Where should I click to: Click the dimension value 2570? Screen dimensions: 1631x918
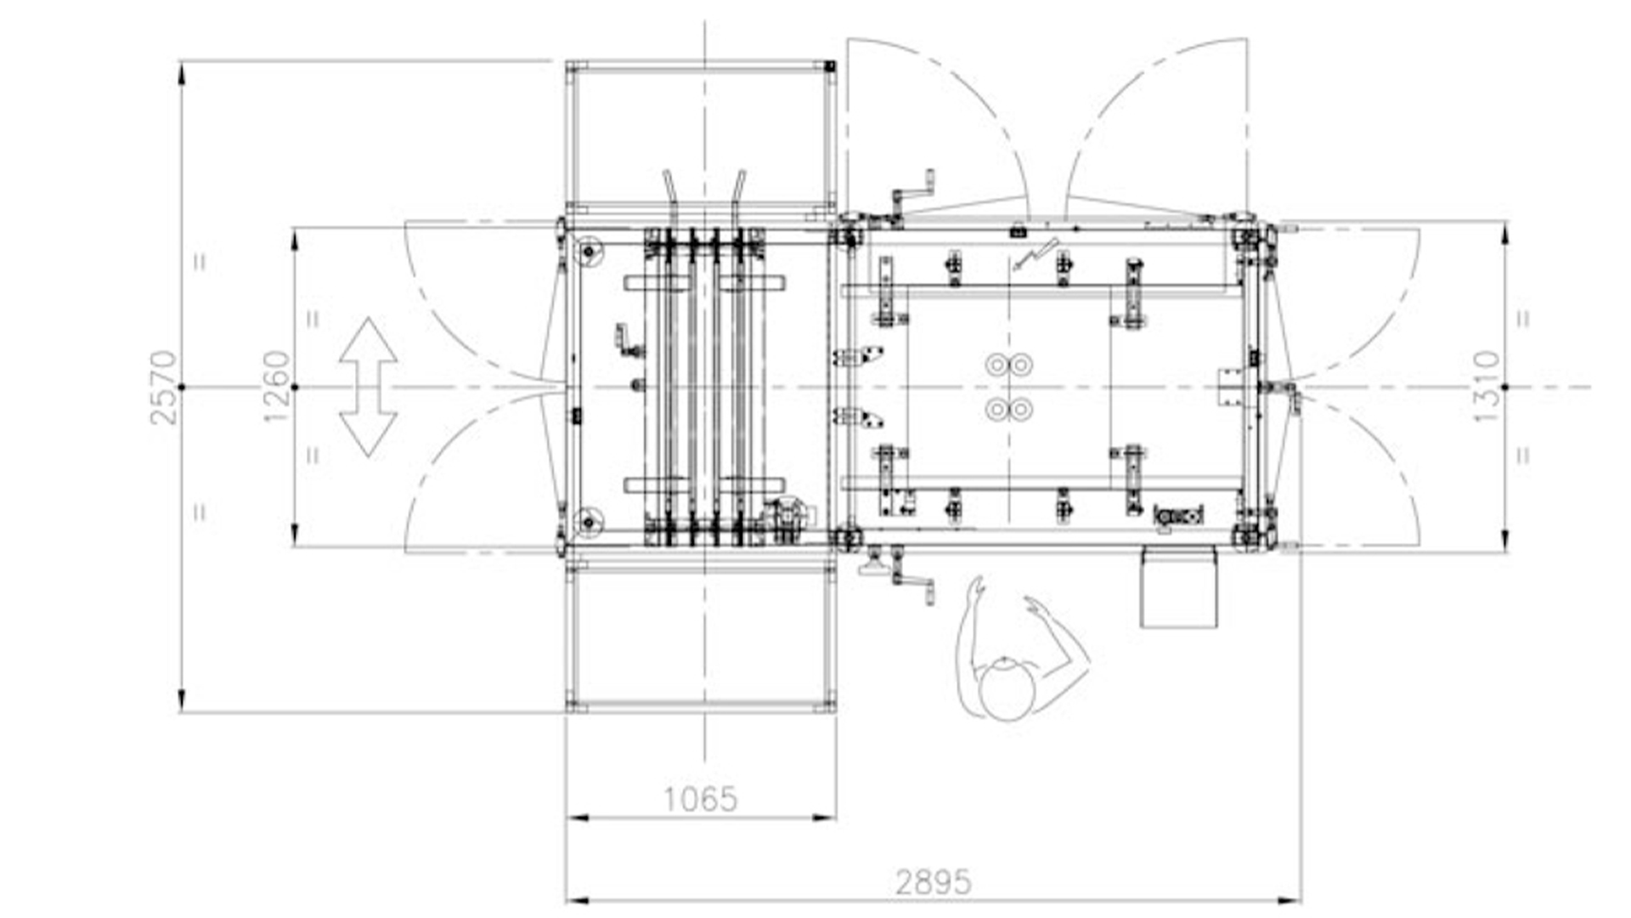click(x=163, y=388)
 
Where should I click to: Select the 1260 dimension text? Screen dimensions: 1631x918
click(x=277, y=387)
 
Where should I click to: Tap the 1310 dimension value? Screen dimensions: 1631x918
click(x=1487, y=387)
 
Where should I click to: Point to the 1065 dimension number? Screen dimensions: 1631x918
click(x=700, y=799)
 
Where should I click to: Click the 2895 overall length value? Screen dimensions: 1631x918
click(x=933, y=882)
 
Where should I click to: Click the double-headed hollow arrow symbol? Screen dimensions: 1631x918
click(x=368, y=388)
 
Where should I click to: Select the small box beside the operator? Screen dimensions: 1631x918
click(x=1178, y=587)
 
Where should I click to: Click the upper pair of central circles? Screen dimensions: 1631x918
click(x=1009, y=365)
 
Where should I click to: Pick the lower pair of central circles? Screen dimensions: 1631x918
click(x=1009, y=410)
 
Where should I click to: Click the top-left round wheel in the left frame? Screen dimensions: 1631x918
click(x=588, y=252)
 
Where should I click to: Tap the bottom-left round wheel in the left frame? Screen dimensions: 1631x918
click(x=588, y=522)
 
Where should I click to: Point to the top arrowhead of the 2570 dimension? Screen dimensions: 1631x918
click(x=182, y=73)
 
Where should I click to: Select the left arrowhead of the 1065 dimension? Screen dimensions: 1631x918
click(x=578, y=819)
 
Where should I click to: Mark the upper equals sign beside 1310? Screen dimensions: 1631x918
click(x=1524, y=319)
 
